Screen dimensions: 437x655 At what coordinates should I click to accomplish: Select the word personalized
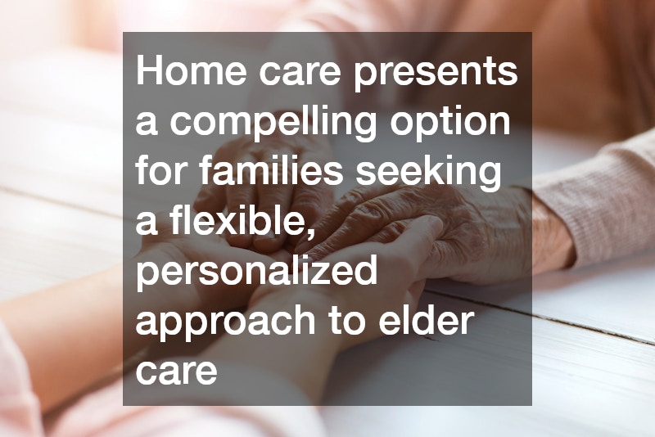click(x=256, y=273)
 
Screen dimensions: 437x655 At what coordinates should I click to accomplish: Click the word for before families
click(x=158, y=173)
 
